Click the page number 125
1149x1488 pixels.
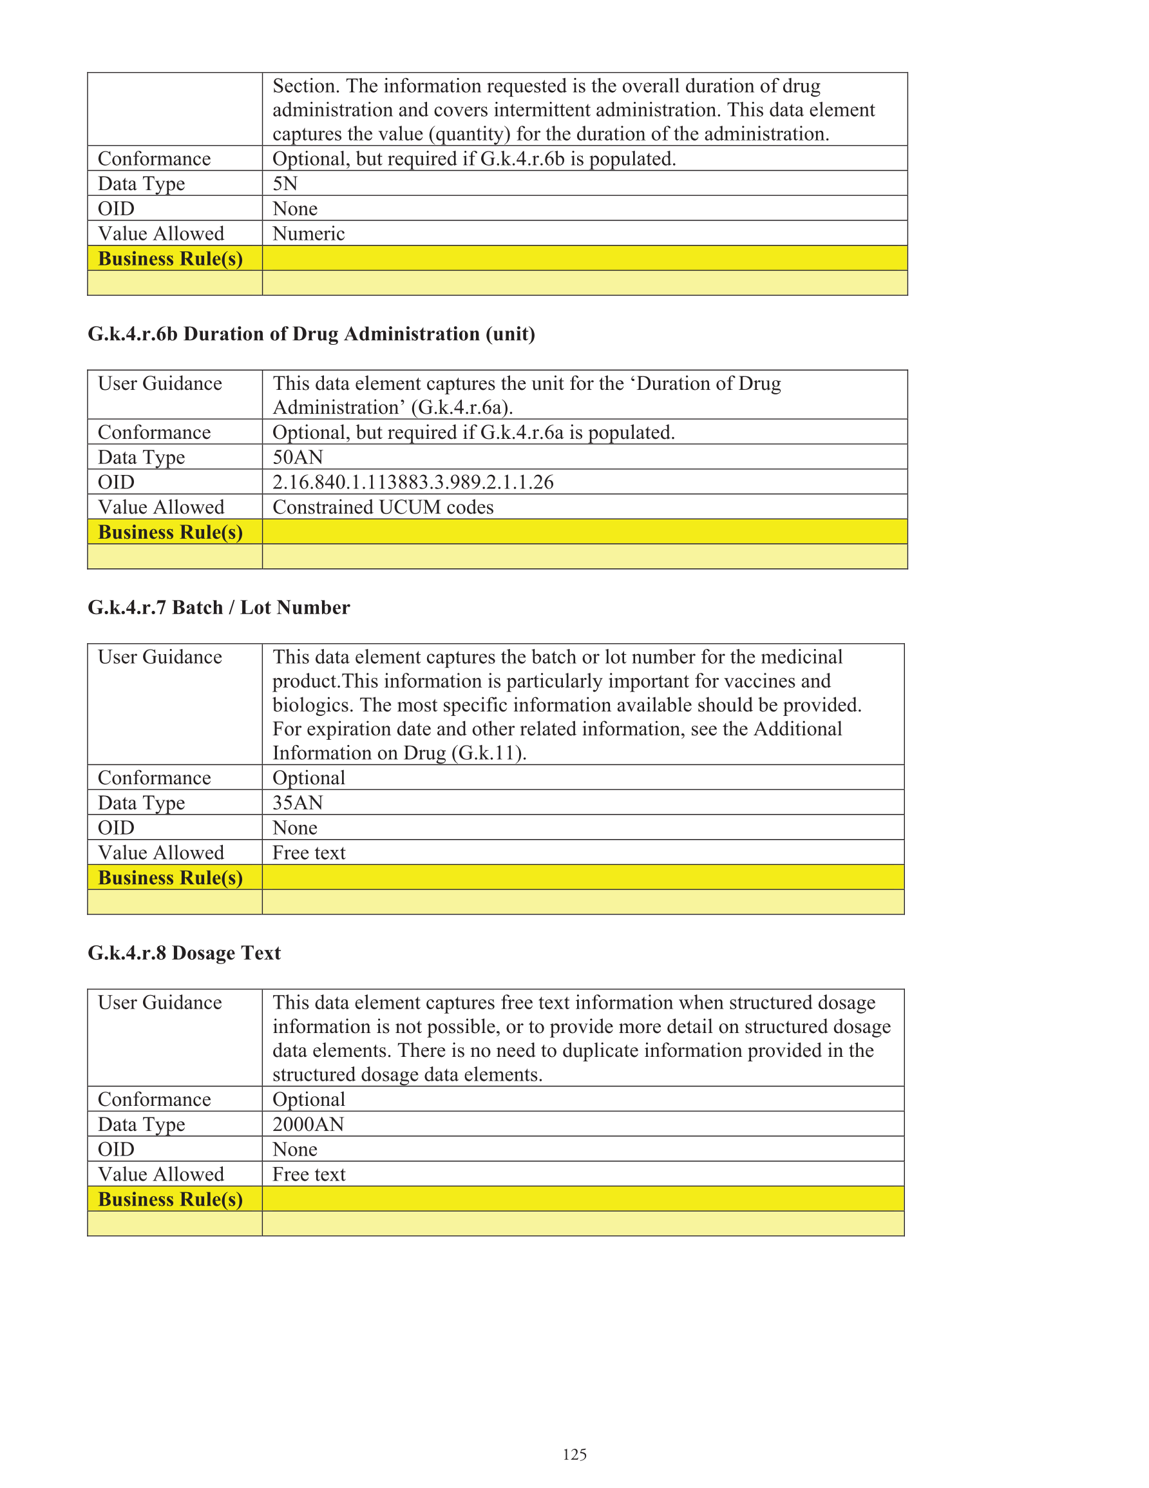[x=574, y=1454]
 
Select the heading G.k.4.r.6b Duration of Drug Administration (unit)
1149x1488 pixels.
[x=311, y=334]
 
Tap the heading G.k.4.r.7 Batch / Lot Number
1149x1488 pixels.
[x=218, y=607]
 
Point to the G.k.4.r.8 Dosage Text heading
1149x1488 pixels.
[x=184, y=952]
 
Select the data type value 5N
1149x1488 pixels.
[x=285, y=183]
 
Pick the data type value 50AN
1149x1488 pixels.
[x=298, y=457]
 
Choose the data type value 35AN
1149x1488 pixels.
[x=298, y=802]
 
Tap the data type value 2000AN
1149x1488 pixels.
[x=308, y=1124]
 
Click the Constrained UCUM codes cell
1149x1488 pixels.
[x=383, y=507]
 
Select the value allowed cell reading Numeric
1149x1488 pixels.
[x=309, y=234]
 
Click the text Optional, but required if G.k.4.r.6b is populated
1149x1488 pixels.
[x=474, y=159]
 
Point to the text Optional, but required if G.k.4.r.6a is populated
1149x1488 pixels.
[x=473, y=432]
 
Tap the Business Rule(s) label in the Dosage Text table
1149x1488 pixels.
[x=170, y=1199]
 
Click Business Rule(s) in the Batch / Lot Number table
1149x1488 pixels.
[x=170, y=878]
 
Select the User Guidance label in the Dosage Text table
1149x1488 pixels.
[x=160, y=1002]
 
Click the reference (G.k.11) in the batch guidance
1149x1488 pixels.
[x=488, y=753]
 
